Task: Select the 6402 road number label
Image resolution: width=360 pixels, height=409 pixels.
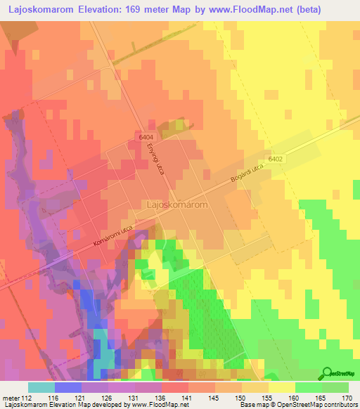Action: (x=275, y=160)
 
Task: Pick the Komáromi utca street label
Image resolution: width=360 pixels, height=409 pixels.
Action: (x=113, y=234)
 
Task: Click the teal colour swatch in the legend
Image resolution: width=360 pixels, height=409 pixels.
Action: (x=41, y=387)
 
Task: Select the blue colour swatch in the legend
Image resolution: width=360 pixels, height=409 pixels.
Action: (x=68, y=387)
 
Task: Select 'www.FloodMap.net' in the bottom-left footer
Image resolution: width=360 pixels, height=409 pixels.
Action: (x=150, y=405)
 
